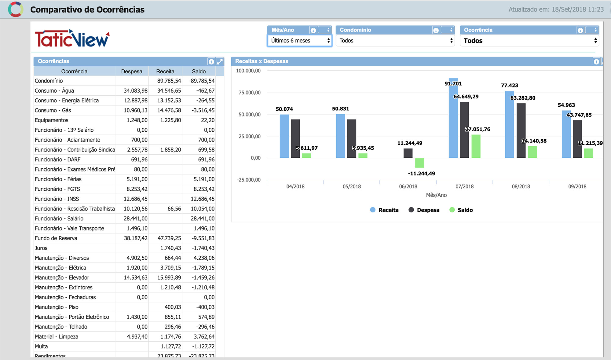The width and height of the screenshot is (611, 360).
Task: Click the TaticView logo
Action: [72, 39]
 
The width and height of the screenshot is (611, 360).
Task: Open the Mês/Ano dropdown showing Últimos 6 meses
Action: [299, 41]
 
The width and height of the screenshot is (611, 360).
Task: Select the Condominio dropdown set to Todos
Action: [395, 41]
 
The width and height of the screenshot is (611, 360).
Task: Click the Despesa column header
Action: [132, 72]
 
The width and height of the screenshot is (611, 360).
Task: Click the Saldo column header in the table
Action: [199, 72]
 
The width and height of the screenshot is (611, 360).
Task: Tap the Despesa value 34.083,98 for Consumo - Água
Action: [136, 91]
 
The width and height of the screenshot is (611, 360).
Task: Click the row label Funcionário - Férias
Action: [58, 179]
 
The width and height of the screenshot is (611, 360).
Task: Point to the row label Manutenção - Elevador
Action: [62, 278]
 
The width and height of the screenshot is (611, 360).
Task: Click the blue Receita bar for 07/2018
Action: [453, 118]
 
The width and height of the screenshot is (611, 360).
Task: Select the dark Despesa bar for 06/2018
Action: [408, 153]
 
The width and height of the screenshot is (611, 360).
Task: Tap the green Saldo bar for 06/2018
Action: [419, 163]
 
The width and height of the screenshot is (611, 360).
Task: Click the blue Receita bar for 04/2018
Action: [284, 136]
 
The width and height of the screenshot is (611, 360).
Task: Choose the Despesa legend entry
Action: [424, 210]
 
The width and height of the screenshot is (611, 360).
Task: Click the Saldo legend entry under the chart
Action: [461, 210]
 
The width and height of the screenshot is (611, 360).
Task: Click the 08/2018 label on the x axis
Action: [521, 186]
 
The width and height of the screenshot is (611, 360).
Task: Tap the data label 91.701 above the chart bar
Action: [453, 84]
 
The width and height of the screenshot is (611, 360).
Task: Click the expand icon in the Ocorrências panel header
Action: [220, 61]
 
